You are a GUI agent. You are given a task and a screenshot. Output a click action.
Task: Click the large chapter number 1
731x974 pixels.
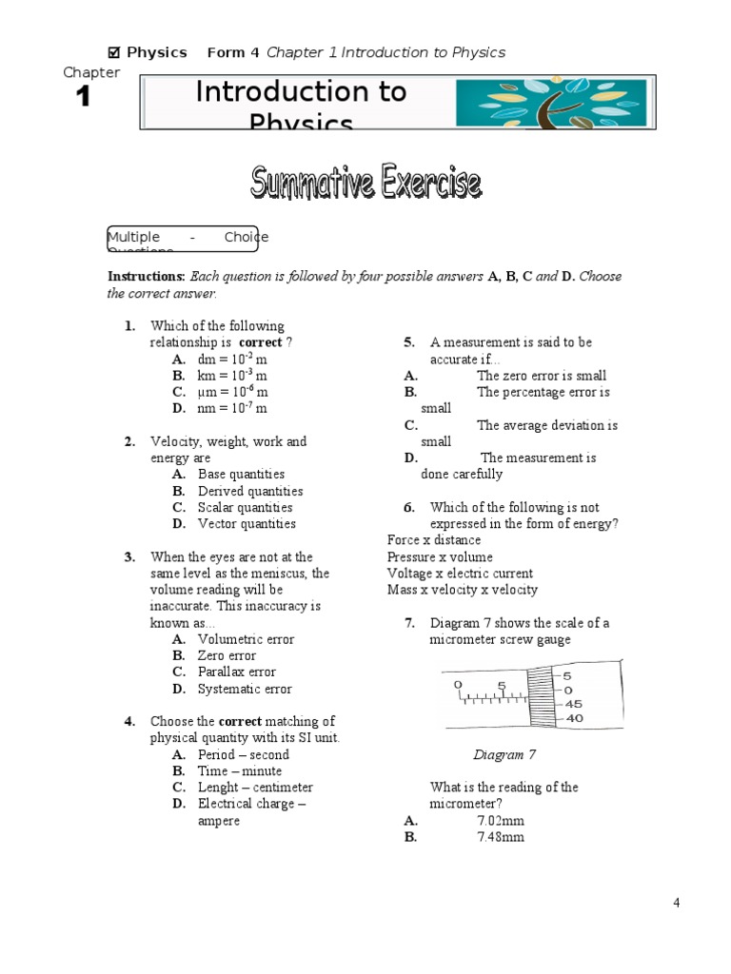[84, 97]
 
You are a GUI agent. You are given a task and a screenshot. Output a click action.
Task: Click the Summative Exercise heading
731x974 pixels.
[365, 183]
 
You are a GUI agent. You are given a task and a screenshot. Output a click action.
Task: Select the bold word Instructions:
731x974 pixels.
[146, 277]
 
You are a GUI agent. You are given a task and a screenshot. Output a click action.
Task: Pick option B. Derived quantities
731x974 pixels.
[249, 491]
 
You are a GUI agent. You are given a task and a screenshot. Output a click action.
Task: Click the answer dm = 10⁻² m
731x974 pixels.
[232, 360]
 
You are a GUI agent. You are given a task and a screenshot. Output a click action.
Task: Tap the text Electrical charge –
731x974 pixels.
[251, 804]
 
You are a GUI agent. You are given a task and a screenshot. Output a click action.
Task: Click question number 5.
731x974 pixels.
[408, 342]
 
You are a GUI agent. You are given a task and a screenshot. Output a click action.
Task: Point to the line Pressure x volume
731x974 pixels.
[440, 557]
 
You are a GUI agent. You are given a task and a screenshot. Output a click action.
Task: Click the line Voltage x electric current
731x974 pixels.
[460, 574]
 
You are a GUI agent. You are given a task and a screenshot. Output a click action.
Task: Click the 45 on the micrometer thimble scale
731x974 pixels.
[574, 704]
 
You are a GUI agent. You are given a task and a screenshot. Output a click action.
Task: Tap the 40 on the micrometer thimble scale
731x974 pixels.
[574, 719]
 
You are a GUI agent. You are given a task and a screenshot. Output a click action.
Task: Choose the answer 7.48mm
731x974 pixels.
[500, 837]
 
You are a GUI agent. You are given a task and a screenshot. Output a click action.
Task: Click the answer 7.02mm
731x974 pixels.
[500, 821]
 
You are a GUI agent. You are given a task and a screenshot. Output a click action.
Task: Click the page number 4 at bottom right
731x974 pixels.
[676, 904]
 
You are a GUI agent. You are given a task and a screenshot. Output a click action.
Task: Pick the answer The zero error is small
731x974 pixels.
[541, 376]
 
